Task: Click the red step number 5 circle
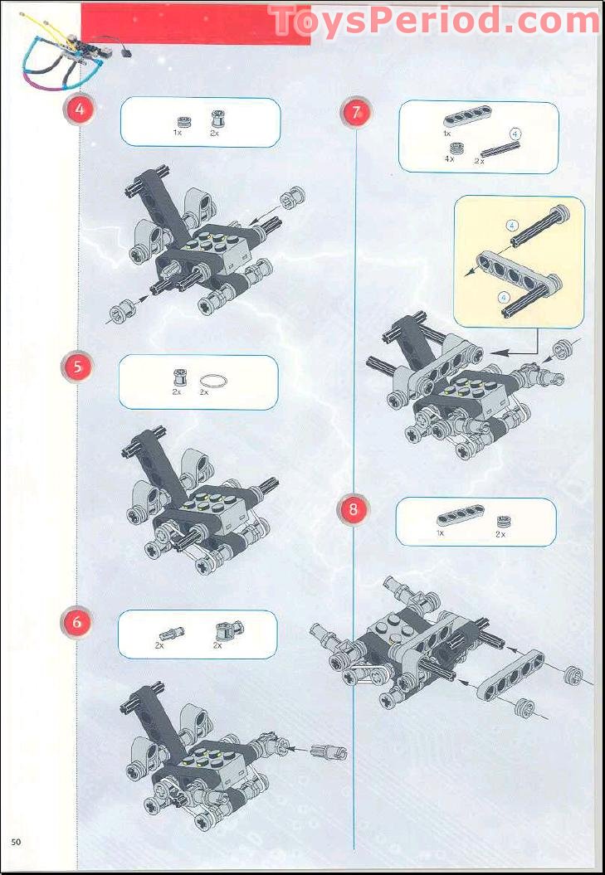[x=77, y=367]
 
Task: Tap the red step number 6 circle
[x=77, y=621]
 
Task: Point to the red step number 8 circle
[x=353, y=509]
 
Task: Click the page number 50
[x=16, y=843]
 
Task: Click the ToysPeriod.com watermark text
[x=433, y=21]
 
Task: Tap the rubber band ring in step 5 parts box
[x=213, y=380]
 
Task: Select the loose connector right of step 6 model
[x=329, y=751]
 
